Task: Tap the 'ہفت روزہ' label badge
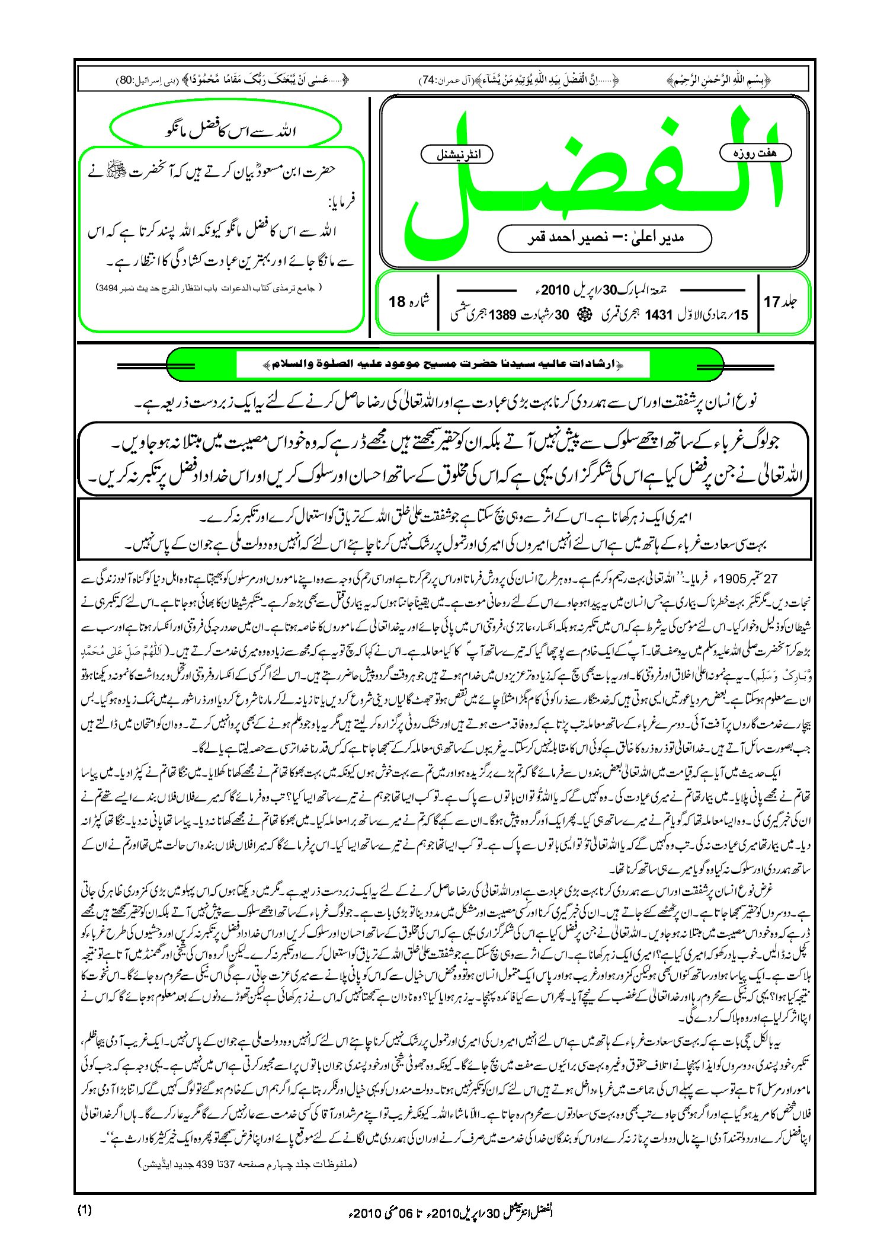(755, 153)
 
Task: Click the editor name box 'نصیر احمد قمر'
(604, 238)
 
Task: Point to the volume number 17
(772, 302)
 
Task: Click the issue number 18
(397, 302)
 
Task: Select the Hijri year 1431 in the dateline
(658, 315)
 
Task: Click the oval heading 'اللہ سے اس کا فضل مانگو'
(226, 129)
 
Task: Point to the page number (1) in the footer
(85, 1211)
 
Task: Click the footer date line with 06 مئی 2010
(450, 1213)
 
